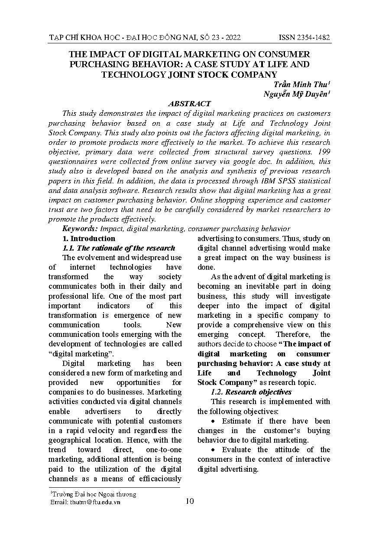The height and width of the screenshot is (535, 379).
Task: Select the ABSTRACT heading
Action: (189, 104)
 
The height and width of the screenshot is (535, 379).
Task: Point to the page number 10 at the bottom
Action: (189, 501)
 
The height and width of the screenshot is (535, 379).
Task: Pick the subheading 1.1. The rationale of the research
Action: (119, 248)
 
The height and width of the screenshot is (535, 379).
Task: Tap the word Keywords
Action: (80, 228)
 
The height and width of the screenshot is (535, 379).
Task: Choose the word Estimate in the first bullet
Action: (236, 421)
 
